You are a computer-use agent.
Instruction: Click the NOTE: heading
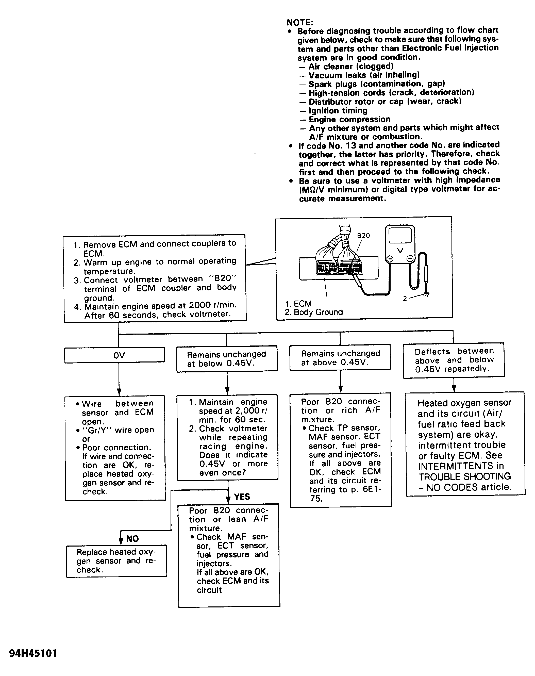click(x=299, y=23)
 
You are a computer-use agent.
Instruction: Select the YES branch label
click(x=242, y=497)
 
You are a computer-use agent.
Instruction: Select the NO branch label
click(x=132, y=538)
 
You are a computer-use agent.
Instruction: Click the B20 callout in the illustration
click(x=363, y=236)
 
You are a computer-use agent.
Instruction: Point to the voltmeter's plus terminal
click(x=410, y=258)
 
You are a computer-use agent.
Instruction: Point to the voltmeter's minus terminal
click(x=390, y=259)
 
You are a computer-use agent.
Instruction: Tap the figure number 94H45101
click(x=33, y=653)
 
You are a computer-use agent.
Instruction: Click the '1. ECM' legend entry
click(x=298, y=304)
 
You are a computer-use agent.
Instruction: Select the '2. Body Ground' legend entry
click(x=314, y=312)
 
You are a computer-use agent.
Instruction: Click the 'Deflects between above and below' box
click(x=454, y=360)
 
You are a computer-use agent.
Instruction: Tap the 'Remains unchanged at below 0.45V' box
click(x=227, y=359)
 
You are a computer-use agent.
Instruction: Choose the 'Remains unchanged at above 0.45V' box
click(x=340, y=358)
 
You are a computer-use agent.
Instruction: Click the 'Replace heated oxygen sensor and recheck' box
click(x=116, y=561)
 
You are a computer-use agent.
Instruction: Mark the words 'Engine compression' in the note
click(x=349, y=119)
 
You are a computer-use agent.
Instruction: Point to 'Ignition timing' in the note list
click(x=338, y=111)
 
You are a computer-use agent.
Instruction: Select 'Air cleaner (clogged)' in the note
click(x=351, y=67)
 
